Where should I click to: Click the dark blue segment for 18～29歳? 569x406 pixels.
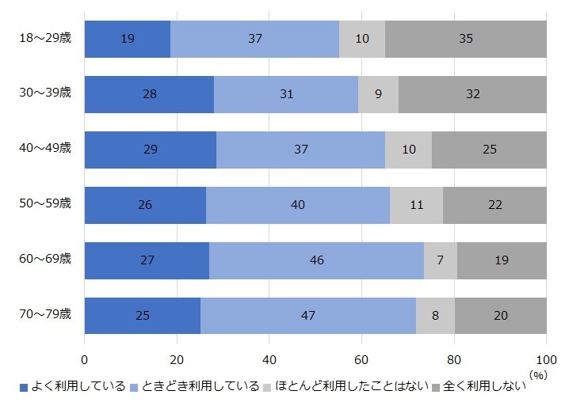coord(127,39)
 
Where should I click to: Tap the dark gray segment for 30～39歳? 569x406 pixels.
coord(472,94)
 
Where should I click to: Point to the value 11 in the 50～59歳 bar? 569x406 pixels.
coord(416,206)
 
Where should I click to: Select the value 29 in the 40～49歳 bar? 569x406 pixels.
coord(151,150)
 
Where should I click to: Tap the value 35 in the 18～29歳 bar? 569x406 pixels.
coord(466,39)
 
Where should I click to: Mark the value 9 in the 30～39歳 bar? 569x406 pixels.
coord(378,94)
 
